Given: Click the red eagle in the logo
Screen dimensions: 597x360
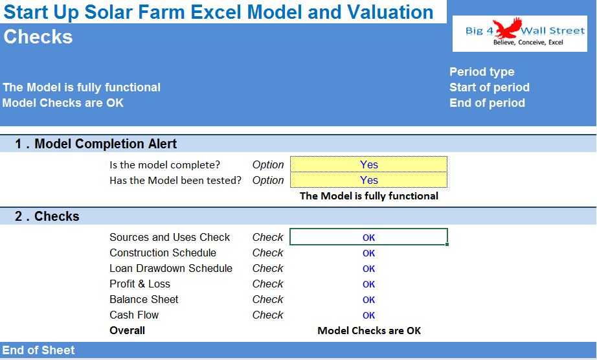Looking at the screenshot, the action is (x=507, y=28).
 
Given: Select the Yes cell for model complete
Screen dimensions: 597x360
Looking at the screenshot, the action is (x=368, y=164).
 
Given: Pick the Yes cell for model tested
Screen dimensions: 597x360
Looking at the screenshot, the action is (x=368, y=180).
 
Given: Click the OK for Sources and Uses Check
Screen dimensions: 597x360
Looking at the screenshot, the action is (x=368, y=238).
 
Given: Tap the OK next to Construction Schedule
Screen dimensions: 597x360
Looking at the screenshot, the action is (x=368, y=253).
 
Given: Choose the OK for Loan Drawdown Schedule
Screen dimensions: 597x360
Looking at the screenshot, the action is (x=368, y=269).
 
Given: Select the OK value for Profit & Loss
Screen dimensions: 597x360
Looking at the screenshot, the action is (x=368, y=284).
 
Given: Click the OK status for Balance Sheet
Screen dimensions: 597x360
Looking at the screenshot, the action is (x=368, y=300).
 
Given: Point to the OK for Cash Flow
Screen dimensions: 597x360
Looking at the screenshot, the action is (x=368, y=315).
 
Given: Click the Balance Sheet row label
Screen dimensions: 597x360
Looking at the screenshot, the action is (x=144, y=300).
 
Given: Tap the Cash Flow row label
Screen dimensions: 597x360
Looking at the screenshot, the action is (x=134, y=315).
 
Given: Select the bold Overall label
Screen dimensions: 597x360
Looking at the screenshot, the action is (x=127, y=330).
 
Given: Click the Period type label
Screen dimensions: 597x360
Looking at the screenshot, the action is (x=482, y=71).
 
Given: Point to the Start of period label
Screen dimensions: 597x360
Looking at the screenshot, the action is (x=490, y=87).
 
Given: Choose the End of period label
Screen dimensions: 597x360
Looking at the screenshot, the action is (x=487, y=103).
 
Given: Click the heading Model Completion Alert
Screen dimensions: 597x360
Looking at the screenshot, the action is (x=106, y=144).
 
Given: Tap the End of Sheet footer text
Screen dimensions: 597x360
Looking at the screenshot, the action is (x=38, y=350).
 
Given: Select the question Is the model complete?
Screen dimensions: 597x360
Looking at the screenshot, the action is (x=165, y=164).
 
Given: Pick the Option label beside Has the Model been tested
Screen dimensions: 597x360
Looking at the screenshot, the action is (x=268, y=181).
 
